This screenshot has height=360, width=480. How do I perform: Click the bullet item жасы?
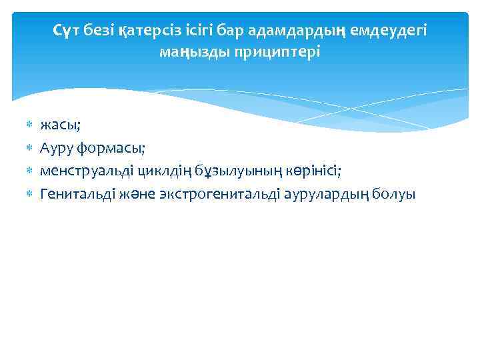point(60,125)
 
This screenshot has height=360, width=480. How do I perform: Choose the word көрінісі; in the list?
point(307,171)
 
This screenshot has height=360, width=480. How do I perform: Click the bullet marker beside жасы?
point(29,125)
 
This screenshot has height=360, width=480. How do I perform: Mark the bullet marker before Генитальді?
point(29,194)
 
